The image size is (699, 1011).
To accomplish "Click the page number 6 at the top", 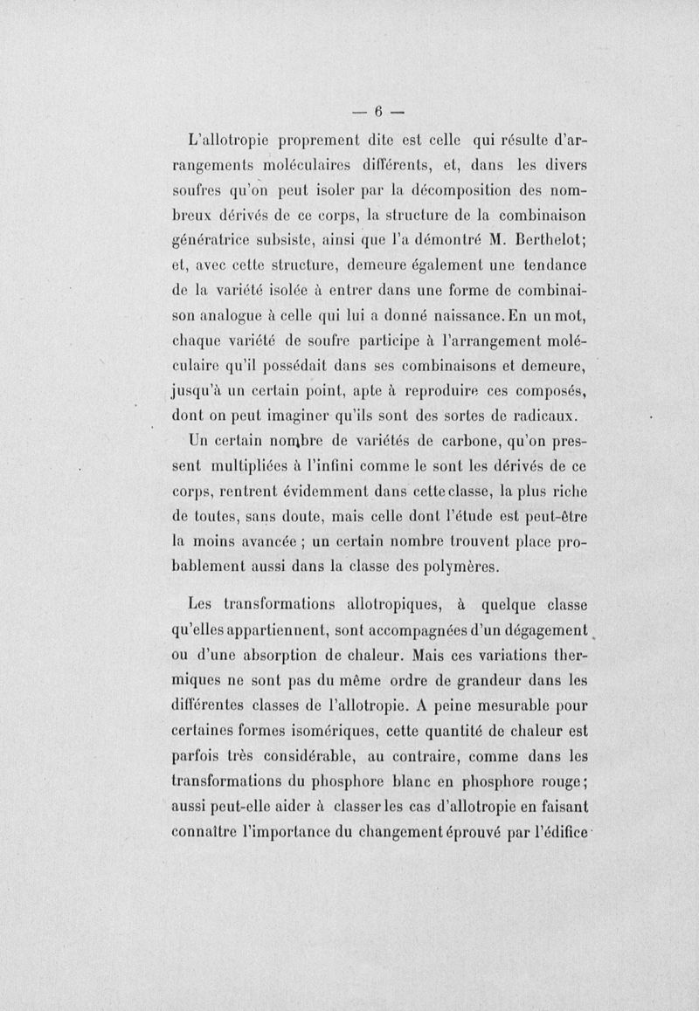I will (x=380, y=110).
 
